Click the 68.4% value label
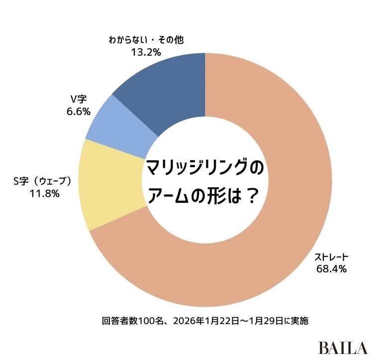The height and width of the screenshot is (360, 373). (331, 269)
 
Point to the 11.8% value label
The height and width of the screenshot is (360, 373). (45, 194)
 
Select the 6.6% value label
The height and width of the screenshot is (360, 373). (78, 112)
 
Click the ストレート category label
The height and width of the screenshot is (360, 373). (331, 257)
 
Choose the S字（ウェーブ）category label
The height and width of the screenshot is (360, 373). (45, 182)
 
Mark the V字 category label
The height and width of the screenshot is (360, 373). (79, 100)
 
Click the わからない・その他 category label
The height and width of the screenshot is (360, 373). (146, 39)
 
